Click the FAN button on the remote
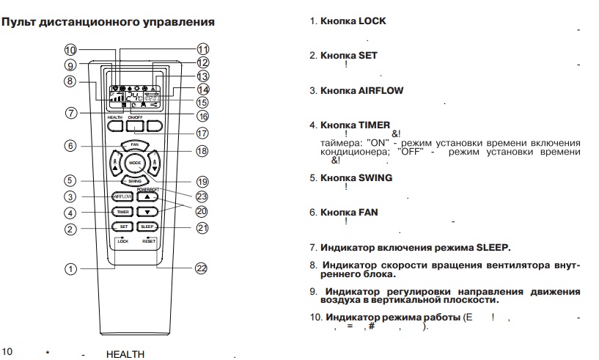pos(135,145)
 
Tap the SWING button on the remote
pos(135,180)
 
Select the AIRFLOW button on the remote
pos(122,196)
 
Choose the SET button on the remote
pos(122,227)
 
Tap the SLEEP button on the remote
pos(147,227)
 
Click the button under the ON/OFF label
pos(135,126)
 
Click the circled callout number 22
pos(202,268)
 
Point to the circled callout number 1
pos(70,268)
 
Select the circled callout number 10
pos(70,50)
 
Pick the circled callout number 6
pos(70,146)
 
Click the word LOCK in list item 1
pos(372,21)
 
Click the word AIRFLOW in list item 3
pos(381,90)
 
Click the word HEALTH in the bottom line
pos(125,355)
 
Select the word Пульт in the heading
pos(19,22)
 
